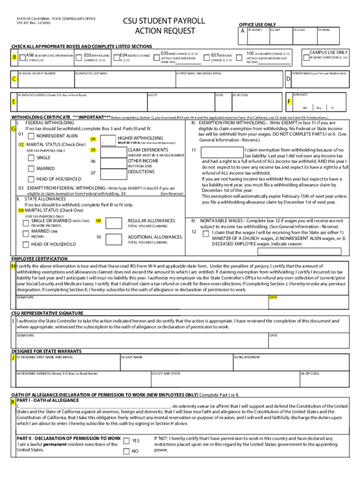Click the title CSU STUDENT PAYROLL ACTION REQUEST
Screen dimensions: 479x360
(x=164, y=26)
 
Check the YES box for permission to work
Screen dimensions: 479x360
(x=126, y=441)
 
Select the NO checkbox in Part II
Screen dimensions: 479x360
(x=126, y=451)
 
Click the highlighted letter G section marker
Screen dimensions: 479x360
(x=14, y=129)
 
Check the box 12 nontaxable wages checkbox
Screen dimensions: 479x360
(x=206, y=232)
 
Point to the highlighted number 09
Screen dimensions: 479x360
(x=98, y=221)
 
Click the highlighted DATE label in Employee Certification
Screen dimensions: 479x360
(x=273, y=297)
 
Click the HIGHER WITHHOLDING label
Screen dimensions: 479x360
(x=140, y=138)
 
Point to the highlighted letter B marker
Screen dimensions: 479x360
(x=14, y=57)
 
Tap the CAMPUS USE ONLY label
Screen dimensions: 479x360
(x=329, y=52)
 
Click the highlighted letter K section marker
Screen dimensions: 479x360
(x=14, y=401)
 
